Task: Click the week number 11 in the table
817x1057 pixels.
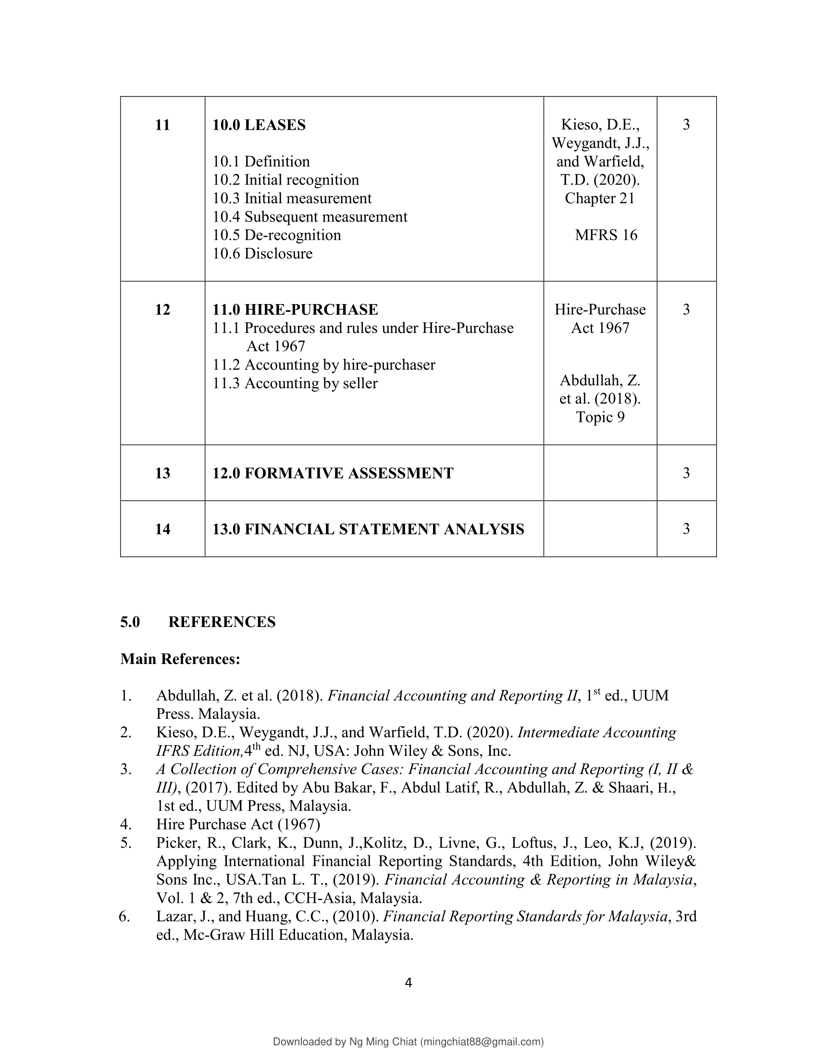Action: click(162, 125)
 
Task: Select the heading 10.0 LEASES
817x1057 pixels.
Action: click(259, 125)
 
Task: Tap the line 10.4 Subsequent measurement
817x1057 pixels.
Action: click(310, 217)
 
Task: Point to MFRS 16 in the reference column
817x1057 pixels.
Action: click(606, 235)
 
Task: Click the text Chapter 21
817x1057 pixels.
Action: click(600, 198)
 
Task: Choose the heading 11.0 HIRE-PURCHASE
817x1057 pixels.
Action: click(295, 310)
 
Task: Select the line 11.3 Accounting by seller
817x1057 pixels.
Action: click(295, 383)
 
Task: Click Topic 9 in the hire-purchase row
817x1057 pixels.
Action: click(600, 417)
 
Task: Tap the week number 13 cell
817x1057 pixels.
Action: click(162, 473)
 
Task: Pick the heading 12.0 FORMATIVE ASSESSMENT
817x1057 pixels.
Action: click(333, 473)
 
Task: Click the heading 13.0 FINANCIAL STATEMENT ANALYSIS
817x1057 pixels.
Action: click(368, 529)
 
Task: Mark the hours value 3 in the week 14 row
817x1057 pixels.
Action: click(686, 528)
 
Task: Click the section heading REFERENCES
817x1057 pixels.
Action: click(222, 622)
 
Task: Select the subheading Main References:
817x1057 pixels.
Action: click(180, 659)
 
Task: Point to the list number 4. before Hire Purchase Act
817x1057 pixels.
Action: click(126, 824)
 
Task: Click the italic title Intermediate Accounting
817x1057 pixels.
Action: click(597, 733)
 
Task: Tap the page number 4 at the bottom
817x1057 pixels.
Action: click(408, 982)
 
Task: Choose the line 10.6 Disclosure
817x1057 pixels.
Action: click(262, 254)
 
